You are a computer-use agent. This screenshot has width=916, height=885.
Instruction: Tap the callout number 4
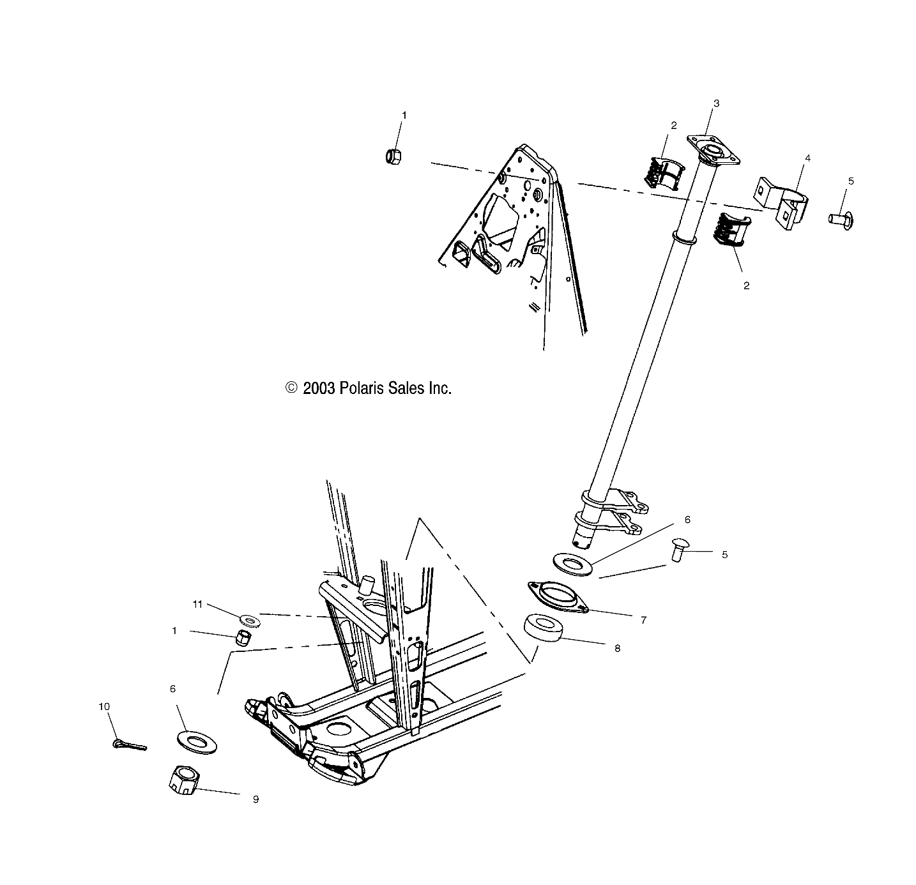(807, 158)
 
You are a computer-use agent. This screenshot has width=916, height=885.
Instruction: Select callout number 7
(643, 619)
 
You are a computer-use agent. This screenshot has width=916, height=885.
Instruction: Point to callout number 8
(617, 647)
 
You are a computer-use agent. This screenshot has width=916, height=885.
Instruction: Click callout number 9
(256, 799)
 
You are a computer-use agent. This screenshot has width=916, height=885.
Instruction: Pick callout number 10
(104, 706)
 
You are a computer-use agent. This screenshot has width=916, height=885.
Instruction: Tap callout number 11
(198, 603)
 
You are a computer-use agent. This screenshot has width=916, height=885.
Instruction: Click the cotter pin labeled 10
(130, 744)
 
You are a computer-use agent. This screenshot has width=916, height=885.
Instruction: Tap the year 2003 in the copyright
(319, 388)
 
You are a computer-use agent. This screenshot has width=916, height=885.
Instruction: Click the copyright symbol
(291, 388)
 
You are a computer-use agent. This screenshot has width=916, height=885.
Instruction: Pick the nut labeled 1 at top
(393, 155)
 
